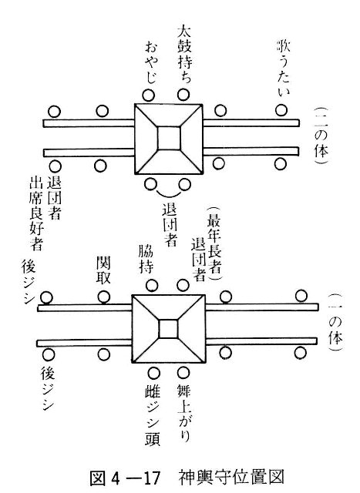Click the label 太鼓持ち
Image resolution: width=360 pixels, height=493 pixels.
coord(184,53)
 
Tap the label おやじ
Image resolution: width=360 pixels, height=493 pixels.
coord(151,63)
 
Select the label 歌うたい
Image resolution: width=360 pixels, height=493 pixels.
coord(283,67)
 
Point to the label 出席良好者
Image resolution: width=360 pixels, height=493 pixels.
coord(36,213)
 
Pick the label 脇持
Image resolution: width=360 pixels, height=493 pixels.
coord(146,259)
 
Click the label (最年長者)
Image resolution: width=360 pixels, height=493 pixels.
coord(214,243)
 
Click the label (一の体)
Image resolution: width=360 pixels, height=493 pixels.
coord(335,321)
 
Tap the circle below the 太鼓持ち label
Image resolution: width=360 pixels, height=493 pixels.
coord(183,94)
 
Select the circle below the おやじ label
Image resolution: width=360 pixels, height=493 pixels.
coord(148,95)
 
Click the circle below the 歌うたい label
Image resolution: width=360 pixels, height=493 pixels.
coord(281,109)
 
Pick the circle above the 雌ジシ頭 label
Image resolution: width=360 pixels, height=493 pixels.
coord(153,373)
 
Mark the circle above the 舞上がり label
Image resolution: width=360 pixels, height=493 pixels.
coord(183,373)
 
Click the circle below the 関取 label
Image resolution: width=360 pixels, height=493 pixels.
coord(104,297)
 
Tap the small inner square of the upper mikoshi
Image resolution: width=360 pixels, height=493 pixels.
coord(169,138)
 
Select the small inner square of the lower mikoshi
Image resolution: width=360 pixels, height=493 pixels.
coord(168,329)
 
